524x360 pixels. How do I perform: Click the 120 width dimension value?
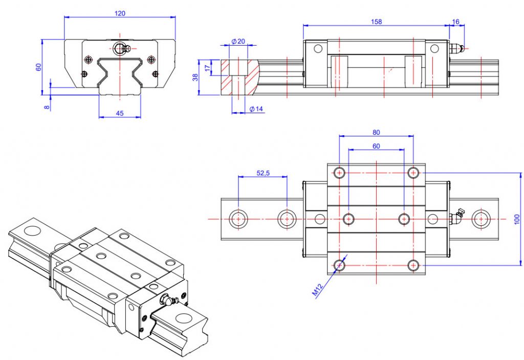pos(120,13)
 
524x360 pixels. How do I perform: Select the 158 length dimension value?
pos(376,22)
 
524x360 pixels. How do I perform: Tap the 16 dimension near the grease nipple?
pos(456,22)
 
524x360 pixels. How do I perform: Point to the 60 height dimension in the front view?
pos(38,67)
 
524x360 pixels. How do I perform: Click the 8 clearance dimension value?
pos(47,107)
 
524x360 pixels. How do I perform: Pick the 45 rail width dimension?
pos(120,113)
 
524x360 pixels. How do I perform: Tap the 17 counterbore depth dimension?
pos(207,67)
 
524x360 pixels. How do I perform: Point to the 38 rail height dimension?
pos(194,77)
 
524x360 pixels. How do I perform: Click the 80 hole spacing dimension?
pos(376,132)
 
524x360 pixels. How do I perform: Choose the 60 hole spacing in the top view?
pos(376,146)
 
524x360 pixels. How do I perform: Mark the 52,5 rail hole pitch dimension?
pos(263,174)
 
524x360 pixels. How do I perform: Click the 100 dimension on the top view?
pos(517,219)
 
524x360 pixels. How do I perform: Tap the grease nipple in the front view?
pos(121,48)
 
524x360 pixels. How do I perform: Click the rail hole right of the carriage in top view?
pos(481,219)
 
